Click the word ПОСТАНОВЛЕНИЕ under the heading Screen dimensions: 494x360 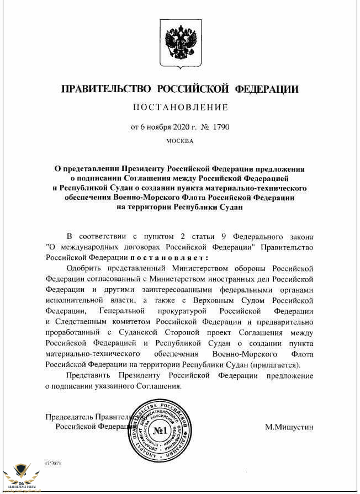[180, 107]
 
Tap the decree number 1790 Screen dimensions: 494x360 [219, 127]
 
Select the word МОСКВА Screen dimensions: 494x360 [180, 141]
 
